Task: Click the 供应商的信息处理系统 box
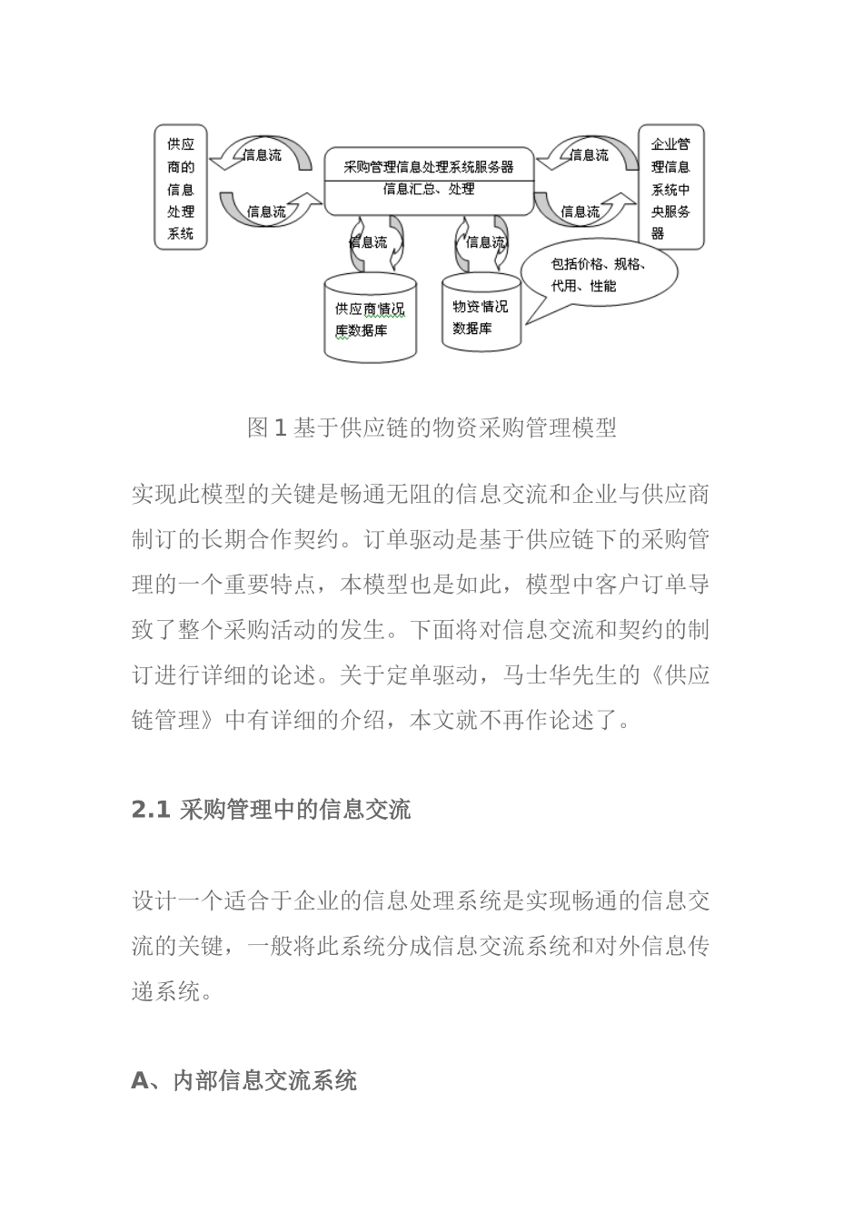pyautogui.click(x=181, y=188)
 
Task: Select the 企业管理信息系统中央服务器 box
pyautogui.click(x=671, y=188)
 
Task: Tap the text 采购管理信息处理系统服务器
pyautogui.click(x=429, y=166)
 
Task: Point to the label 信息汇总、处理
pyautogui.click(x=429, y=190)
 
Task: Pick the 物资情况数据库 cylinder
pyautogui.click(x=481, y=313)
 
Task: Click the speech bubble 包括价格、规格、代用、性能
pyautogui.click(x=597, y=273)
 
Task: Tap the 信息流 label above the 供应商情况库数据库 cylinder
pyautogui.click(x=368, y=242)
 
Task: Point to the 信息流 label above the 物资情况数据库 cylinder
pyautogui.click(x=485, y=242)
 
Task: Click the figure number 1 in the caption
pyautogui.click(x=280, y=428)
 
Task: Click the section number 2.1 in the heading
pyautogui.click(x=151, y=810)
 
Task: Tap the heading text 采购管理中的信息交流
pyautogui.click(x=295, y=810)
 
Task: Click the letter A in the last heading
pyautogui.click(x=140, y=1080)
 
